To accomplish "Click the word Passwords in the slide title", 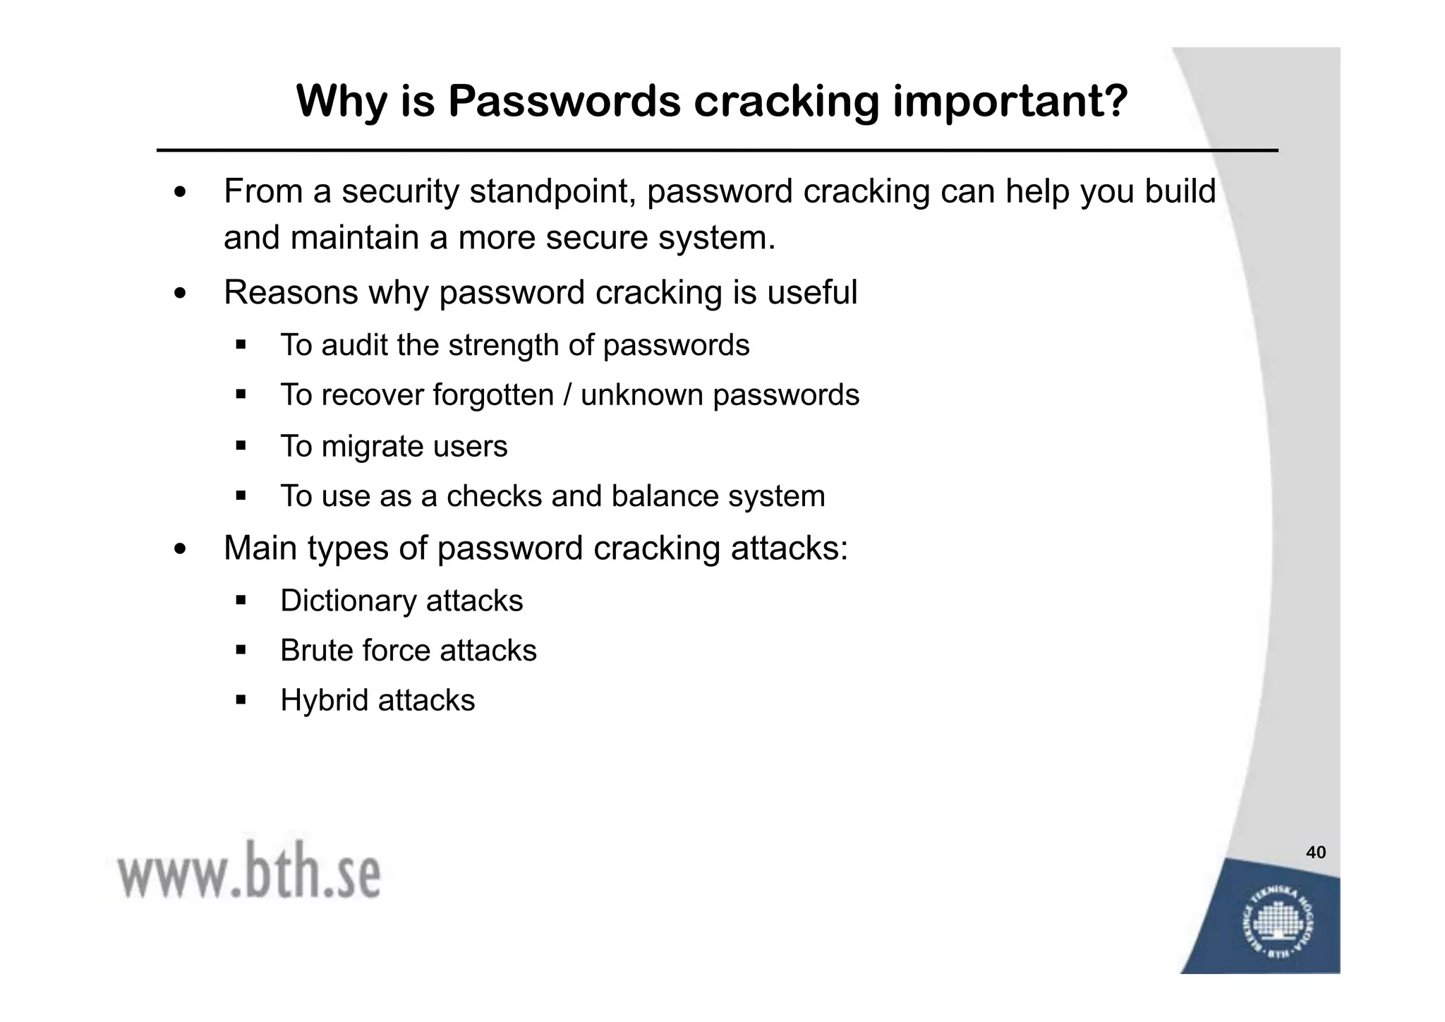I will point(564,101).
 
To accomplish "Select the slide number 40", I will point(1316,853).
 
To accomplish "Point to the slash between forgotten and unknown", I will point(567,395).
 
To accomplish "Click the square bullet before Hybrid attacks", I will point(241,701).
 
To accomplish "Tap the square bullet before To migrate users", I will point(241,447).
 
